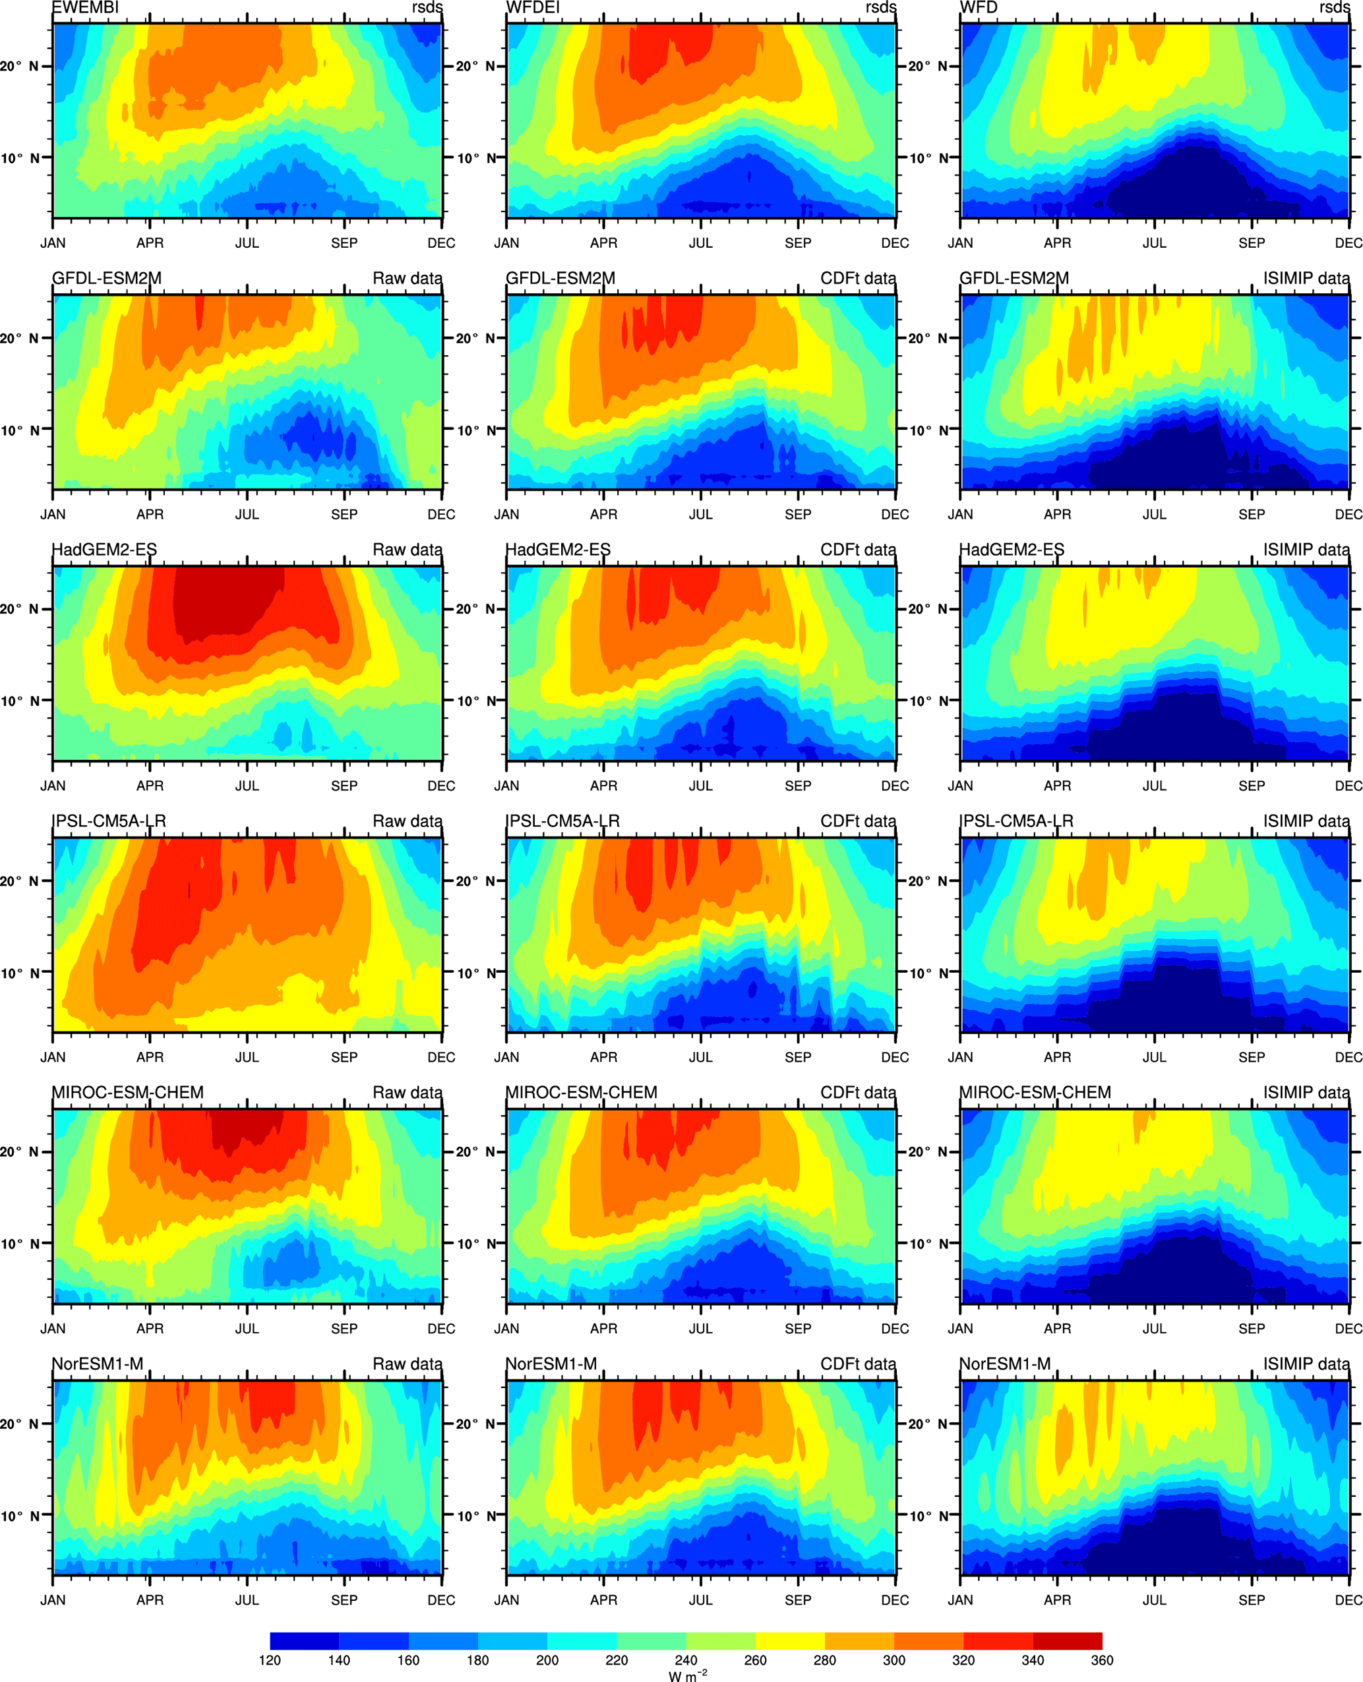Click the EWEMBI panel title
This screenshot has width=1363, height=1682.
(x=86, y=8)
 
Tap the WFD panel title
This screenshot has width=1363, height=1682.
(x=979, y=8)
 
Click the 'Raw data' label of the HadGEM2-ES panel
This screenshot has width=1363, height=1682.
(x=407, y=550)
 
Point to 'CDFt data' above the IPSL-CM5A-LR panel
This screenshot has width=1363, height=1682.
(x=857, y=821)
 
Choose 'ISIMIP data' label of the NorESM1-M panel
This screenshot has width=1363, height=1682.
(x=1306, y=1364)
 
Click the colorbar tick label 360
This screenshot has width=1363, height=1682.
(x=1102, y=1660)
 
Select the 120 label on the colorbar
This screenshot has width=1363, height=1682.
(x=270, y=1660)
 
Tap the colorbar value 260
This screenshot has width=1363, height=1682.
(x=755, y=1660)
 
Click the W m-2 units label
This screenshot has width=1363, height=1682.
(x=687, y=1675)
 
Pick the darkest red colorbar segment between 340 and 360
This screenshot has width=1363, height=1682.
(x=1067, y=1640)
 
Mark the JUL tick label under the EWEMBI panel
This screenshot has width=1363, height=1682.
(x=247, y=243)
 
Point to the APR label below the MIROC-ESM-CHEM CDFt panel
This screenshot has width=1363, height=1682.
(x=604, y=1329)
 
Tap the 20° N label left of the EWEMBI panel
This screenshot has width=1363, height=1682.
(x=20, y=67)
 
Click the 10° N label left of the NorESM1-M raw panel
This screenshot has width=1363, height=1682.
(x=20, y=1516)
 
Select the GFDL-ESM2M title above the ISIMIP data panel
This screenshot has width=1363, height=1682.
(x=1014, y=279)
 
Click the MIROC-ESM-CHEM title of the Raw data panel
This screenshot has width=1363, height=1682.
(x=127, y=1093)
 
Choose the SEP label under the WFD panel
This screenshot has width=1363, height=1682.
(x=1252, y=243)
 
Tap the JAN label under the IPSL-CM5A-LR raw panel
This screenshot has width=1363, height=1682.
(x=53, y=1057)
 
